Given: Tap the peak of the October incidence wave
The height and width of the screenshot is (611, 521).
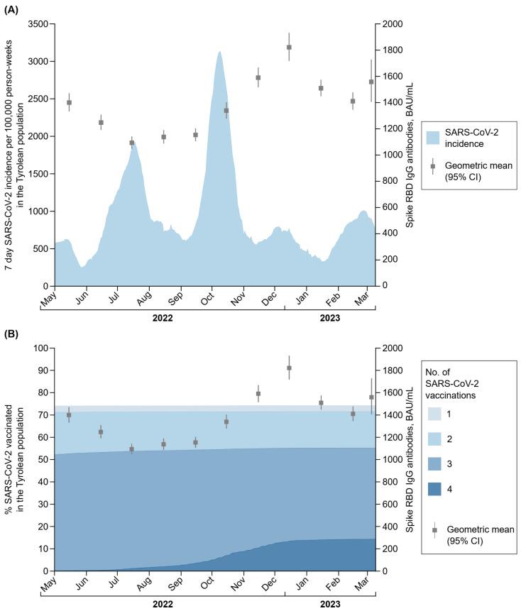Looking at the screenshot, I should (220, 52).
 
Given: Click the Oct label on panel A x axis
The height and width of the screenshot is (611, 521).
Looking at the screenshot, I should (208, 298).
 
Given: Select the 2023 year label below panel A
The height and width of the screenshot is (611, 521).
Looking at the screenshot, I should (329, 318).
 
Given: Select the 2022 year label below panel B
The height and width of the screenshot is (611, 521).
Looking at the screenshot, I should (163, 602).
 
